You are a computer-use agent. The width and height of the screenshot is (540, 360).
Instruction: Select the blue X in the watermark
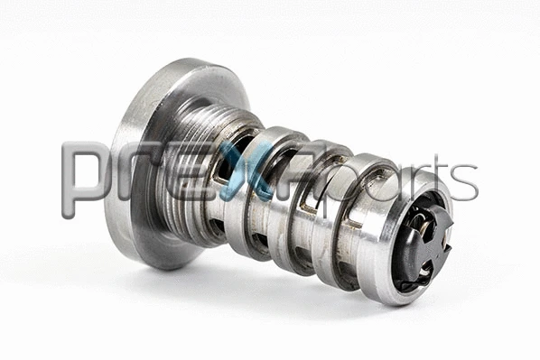[256, 171]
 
